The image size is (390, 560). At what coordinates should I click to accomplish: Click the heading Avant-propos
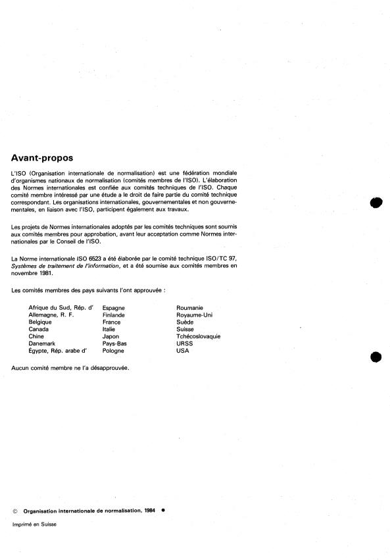42,158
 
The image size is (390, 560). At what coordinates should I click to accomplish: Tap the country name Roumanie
189,307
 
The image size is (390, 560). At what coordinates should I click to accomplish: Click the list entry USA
182,351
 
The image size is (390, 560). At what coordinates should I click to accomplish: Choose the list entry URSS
184,344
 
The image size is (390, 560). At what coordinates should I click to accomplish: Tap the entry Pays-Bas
115,344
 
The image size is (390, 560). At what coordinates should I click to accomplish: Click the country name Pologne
114,351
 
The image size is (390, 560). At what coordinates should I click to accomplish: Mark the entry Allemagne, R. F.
51,315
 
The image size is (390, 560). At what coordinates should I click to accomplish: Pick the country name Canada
39,329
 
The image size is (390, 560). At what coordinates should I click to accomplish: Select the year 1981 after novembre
45,272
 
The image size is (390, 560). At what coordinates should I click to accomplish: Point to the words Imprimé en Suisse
34,524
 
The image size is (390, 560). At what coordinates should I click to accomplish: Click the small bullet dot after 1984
162,510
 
